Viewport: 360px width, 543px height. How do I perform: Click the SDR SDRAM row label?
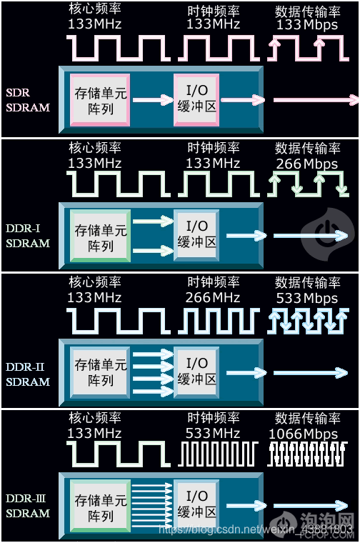[x=28, y=101]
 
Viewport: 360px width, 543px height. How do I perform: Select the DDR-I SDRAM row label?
[x=28, y=236]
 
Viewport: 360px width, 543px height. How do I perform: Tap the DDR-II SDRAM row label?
[x=28, y=374]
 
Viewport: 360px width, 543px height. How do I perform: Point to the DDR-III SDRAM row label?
[x=28, y=506]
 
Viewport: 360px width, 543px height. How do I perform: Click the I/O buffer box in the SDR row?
[x=196, y=99]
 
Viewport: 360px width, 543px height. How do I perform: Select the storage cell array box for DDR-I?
[x=101, y=236]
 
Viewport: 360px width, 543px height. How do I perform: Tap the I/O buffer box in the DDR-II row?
[x=196, y=371]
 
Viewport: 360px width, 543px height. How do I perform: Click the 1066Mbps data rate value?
[x=307, y=434]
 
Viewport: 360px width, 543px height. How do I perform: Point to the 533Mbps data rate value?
[x=307, y=298]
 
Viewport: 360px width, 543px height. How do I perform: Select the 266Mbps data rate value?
[x=307, y=164]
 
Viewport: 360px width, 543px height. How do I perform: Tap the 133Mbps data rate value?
[x=307, y=24]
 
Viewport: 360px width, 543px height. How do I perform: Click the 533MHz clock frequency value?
[x=213, y=434]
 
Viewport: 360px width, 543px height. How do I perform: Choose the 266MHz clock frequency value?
[x=213, y=298]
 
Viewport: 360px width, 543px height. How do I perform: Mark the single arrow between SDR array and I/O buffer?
[x=152, y=99]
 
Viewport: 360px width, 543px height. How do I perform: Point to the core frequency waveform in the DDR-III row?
[x=119, y=454]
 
